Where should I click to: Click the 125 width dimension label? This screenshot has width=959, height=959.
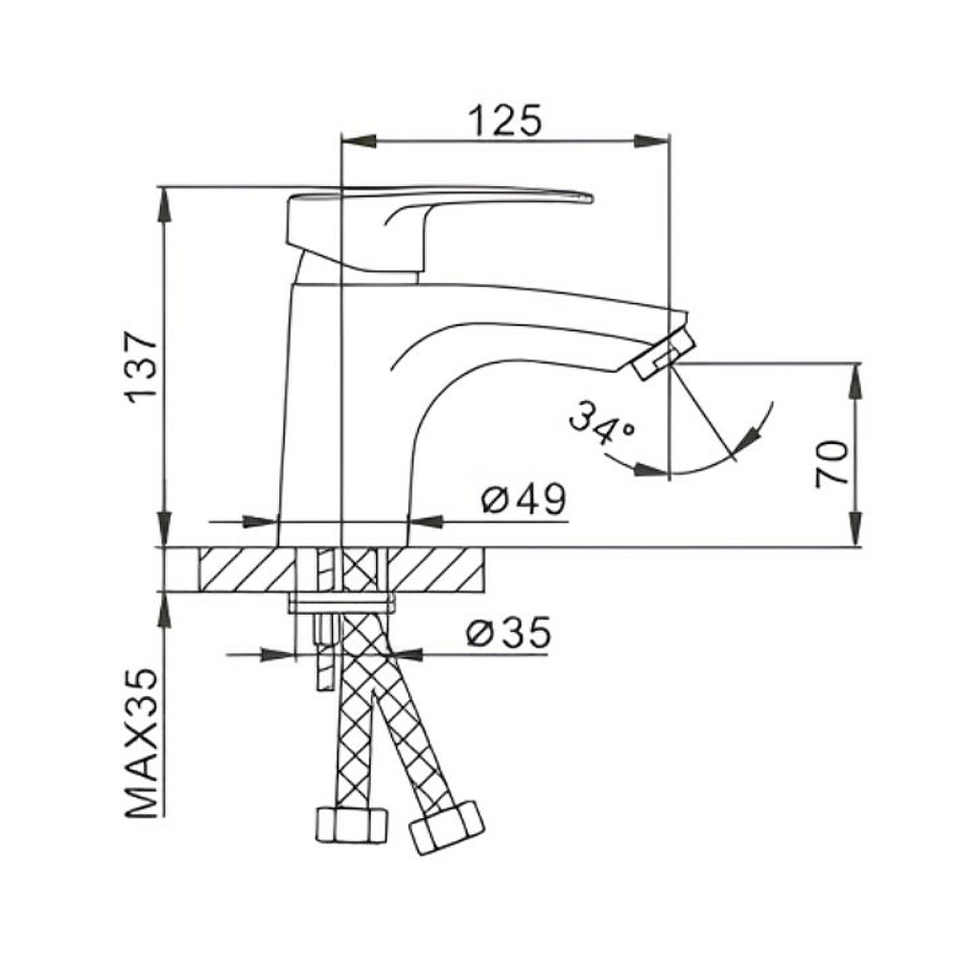pyautogui.click(x=505, y=121)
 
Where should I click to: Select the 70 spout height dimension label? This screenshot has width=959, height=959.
pyautogui.click(x=832, y=463)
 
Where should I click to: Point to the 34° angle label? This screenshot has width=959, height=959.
pyautogui.click(x=601, y=422)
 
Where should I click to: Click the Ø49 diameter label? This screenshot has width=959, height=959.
pyautogui.click(x=525, y=500)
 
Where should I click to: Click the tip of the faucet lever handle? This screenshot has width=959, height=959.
pyautogui.click(x=592, y=198)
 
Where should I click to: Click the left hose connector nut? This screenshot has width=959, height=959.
pyautogui.click(x=352, y=825)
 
